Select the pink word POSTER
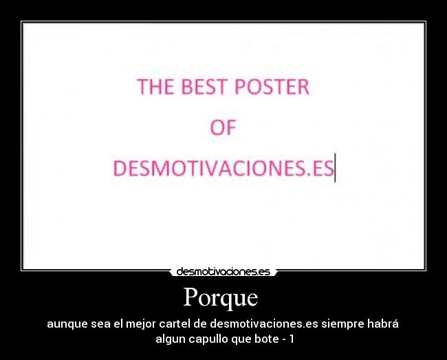[273, 87]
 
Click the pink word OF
[223, 128]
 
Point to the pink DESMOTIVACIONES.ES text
[223, 169]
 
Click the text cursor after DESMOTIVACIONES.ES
[335, 169]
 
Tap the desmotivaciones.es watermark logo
[223, 272]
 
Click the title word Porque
[220, 297]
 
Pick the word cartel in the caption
[175, 324]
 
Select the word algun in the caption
[169, 339]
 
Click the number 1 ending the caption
[292, 339]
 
